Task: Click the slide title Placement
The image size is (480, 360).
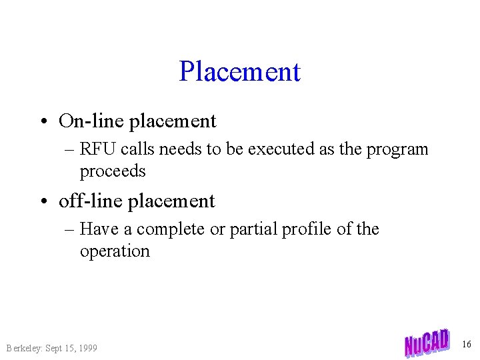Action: click(239, 71)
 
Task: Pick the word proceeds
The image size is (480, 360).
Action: click(113, 171)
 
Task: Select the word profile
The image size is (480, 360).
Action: click(311, 230)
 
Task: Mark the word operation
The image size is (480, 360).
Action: click(115, 252)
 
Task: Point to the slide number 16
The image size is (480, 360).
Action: click(466, 344)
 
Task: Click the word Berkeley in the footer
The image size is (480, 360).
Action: click(23, 348)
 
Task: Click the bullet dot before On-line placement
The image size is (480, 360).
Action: click(43, 121)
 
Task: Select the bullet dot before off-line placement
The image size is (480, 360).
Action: click(43, 201)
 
